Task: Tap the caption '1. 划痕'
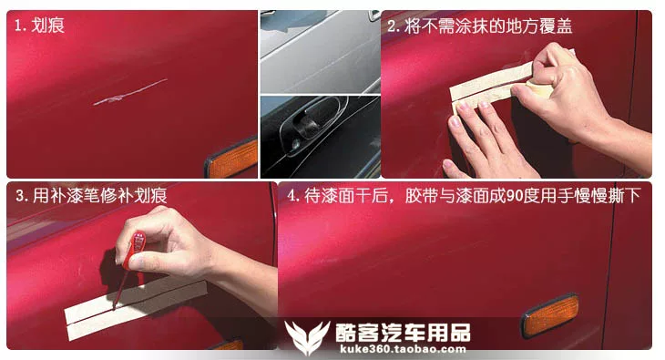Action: tap(39, 26)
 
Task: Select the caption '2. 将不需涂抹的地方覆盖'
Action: tap(480, 26)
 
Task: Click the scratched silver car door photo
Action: tap(320, 51)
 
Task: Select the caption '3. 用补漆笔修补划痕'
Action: tap(91, 196)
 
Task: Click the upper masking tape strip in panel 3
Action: tap(136, 295)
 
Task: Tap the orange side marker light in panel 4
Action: tap(550, 316)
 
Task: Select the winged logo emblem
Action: tap(307, 336)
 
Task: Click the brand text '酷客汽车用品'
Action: tap(403, 333)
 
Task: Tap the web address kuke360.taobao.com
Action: tap(403, 349)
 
